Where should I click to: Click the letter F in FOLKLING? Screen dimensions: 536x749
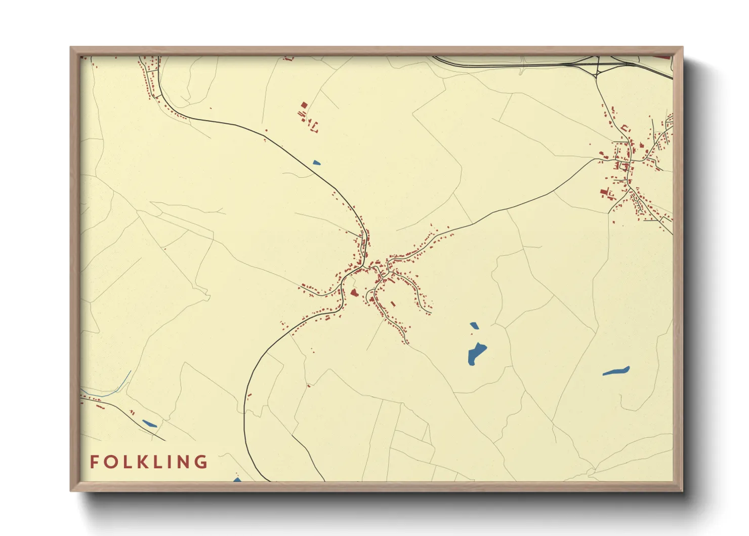[94, 462]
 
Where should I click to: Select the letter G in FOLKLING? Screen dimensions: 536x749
[201, 462]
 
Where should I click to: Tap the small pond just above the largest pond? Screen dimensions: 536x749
[474, 325]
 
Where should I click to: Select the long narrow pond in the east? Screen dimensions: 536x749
[616, 371]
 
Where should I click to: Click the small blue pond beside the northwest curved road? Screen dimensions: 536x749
[316, 163]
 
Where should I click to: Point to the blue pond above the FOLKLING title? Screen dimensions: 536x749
[149, 423]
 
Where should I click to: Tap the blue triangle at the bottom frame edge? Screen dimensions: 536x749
[237, 479]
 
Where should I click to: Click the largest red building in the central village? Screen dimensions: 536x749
[354, 293]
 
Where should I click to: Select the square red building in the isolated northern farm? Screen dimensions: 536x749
[304, 105]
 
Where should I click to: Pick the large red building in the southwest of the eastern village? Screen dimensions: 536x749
[603, 192]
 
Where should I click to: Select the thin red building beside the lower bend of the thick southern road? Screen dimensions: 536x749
[249, 396]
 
